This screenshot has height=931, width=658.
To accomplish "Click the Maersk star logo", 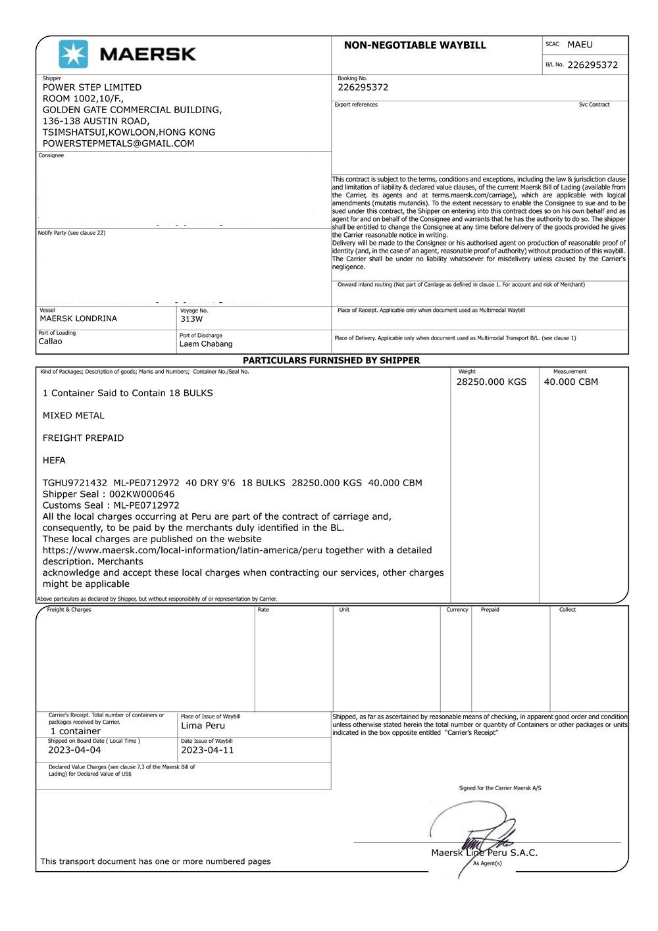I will tap(73, 54).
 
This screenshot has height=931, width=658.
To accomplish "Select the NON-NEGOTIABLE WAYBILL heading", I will tap(415, 45).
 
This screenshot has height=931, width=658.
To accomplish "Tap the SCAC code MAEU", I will tap(580, 45).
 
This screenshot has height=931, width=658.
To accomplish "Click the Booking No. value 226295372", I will tap(363, 88).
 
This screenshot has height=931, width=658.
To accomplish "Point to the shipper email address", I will tap(118, 143).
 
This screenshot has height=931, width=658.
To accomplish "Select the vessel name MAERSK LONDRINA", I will tap(78, 318).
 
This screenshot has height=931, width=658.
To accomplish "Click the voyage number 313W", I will tap(191, 319).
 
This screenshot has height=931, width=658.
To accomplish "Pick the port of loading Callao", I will tap(51, 341).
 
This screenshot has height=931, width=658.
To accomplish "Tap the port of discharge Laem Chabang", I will tap(206, 344).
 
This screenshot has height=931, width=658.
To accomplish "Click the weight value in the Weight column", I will tap(492, 382).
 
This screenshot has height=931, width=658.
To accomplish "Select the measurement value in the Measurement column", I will tap(570, 382).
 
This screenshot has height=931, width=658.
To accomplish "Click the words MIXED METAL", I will tap(74, 416).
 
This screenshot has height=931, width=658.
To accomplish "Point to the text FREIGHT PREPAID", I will tap(83, 438).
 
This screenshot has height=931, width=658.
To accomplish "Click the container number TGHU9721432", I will tap(74, 483).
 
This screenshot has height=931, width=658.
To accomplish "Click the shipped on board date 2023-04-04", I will tap(74, 750).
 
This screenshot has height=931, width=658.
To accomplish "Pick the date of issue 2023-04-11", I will tap(207, 750).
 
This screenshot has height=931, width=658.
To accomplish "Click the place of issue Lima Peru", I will tap(203, 726).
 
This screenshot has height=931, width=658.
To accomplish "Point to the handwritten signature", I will tap(474, 832).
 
